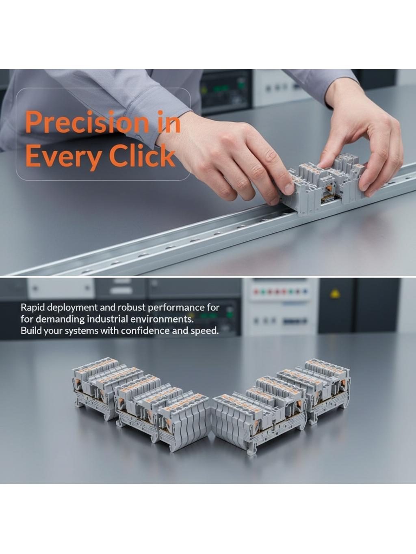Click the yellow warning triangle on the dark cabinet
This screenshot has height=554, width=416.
(x=335, y=293)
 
